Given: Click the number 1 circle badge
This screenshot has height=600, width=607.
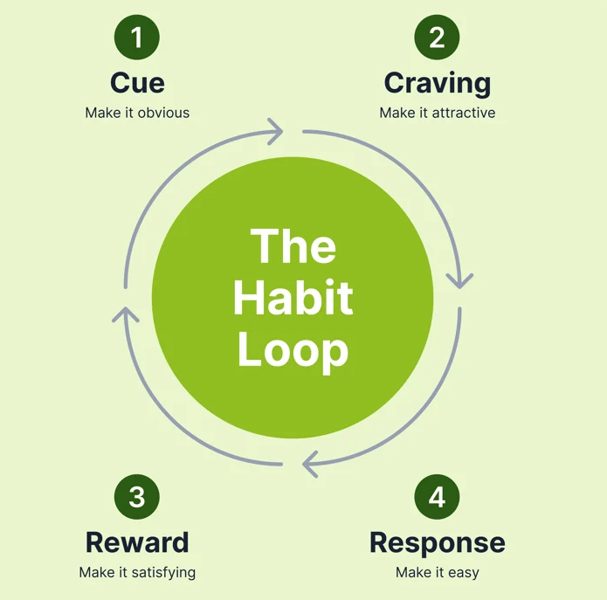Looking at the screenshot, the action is [137, 38].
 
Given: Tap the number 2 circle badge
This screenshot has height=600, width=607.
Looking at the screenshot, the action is [437, 38].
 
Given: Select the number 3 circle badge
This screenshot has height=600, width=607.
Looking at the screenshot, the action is [137, 497].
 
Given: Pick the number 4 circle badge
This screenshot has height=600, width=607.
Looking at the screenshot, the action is [437, 497].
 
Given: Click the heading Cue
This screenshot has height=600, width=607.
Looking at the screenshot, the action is [137, 83].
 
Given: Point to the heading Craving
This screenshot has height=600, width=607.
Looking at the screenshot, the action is [437, 84].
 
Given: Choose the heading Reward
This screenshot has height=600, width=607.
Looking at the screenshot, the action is [137, 542].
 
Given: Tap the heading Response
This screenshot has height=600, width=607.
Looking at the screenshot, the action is [437, 543].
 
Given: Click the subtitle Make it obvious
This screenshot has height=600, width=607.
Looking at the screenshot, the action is [137, 113].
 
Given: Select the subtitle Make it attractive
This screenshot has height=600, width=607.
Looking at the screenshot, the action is [437, 113].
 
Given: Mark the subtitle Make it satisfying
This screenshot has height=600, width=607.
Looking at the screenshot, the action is [137, 573].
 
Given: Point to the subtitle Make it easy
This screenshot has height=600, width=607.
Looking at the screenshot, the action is [437, 573].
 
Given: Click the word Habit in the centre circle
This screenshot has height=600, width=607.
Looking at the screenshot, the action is [293, 298].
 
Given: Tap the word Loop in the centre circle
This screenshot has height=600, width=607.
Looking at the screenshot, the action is [293, 351].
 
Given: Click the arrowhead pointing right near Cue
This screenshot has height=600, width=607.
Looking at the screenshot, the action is [277, 133].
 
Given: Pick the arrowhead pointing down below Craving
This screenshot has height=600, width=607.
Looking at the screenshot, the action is [459, 280].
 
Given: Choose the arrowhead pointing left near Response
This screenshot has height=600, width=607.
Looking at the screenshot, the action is [309, 464].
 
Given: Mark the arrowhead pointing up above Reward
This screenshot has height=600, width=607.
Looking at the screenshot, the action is [126, 313].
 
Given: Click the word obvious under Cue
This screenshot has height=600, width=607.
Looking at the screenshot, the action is [163, 113].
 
